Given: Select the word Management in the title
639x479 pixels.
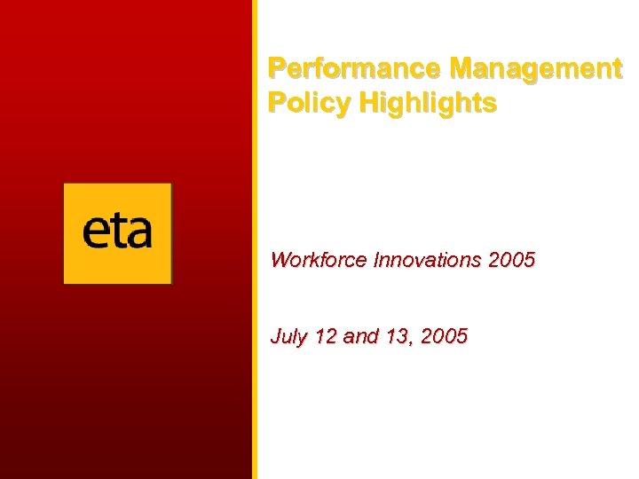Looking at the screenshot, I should tap(536, 68).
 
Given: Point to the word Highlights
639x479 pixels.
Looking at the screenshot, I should tap(428, 104).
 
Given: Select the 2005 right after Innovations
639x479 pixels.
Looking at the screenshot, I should tap(511, 260).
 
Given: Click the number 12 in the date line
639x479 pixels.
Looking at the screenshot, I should tap(324, 336).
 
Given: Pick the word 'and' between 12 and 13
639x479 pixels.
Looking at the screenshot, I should tap(360, 336).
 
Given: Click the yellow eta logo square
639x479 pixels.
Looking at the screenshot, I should tap(117, 233).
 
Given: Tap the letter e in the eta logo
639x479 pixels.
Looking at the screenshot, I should tap(96, 233).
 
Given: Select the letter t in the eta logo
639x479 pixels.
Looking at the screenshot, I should tap(117, 231).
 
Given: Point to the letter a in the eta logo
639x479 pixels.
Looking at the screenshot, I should tap(138, 233).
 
